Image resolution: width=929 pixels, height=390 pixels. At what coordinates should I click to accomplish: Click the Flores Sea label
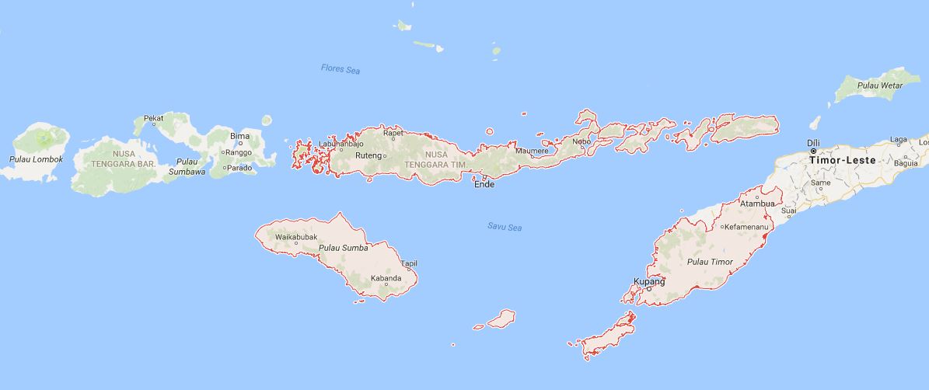[x=341, y=69]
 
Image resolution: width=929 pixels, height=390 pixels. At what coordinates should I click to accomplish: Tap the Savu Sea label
[x=504, y=227]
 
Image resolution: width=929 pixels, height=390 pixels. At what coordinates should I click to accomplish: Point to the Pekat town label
[x=154, y=119]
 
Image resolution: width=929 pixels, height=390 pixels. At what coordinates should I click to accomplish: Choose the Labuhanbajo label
[x=341, y=144]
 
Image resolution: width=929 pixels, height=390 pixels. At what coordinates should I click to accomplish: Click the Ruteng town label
[x=368, y=155]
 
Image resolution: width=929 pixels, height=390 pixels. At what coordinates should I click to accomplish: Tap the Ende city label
[x=484, y=184]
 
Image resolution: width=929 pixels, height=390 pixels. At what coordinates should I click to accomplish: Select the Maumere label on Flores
[x=532, y=151]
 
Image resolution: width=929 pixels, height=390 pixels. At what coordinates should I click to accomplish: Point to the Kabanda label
[x=386, y=277]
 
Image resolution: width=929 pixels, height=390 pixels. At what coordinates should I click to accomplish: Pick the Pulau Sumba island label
[x=343, y=249]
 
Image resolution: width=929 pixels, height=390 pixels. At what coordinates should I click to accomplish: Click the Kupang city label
[x=649, y=281]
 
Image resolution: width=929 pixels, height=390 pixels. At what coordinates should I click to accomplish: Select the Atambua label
[x=757, y=204]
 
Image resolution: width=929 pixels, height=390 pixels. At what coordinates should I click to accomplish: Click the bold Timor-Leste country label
[x=842, y=159]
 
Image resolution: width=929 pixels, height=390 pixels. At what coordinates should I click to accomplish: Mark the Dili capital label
[x=813, y=143]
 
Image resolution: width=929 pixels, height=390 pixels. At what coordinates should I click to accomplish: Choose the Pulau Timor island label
[x=711, y=262]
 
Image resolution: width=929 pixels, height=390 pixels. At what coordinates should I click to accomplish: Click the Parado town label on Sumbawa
[x=241, y=167]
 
